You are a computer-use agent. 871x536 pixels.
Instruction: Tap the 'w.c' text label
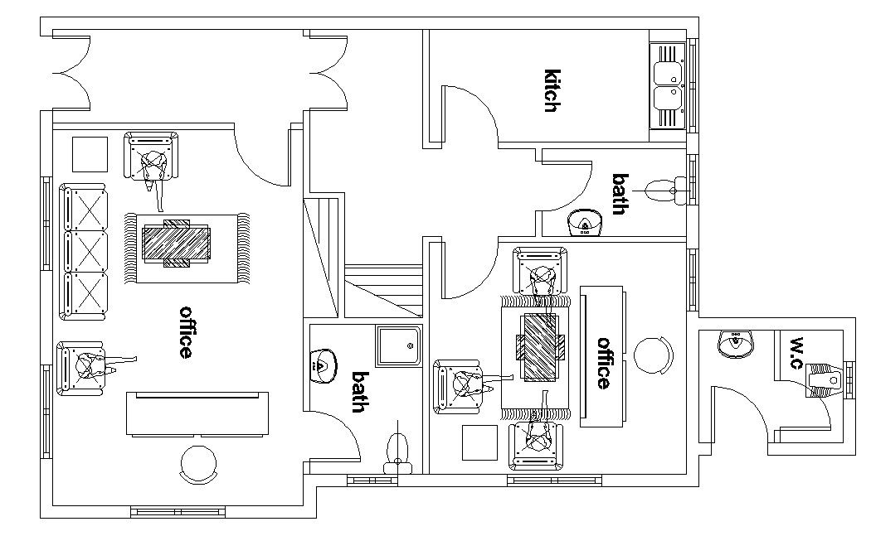coord(797,353)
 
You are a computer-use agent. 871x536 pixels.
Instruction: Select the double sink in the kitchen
coord(666,86)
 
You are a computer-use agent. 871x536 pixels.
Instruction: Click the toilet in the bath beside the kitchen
coord(664,190)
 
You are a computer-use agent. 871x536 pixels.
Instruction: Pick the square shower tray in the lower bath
coord(399,345)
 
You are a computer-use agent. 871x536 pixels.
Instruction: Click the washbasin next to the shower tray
coord(323,364)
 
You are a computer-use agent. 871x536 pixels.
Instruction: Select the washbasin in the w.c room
coord(735,343)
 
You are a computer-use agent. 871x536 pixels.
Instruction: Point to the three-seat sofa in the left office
coord(84,252)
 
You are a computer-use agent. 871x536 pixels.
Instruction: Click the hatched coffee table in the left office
coord(177,244)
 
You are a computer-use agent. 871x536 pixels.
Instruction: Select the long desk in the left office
coord(198,413)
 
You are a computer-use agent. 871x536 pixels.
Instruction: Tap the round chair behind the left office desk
coord(199,464)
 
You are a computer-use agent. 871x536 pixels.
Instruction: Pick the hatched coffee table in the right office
coord(541,348)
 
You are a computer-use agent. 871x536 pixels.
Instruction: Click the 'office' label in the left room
coord(187,332)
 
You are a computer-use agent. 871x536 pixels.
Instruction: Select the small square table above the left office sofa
coord(89,154)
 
